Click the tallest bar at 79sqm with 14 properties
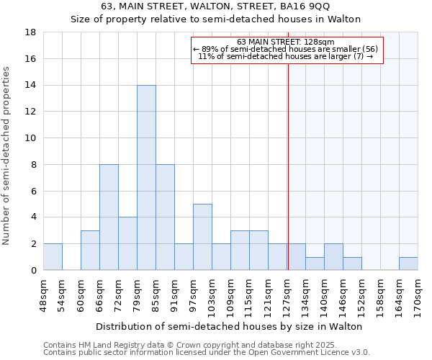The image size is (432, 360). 146,178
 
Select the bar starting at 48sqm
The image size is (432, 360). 53,257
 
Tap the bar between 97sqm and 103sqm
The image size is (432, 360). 202,237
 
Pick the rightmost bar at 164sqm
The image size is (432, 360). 408,264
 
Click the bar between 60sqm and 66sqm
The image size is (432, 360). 90,251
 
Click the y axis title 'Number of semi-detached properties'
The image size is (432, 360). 7,155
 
